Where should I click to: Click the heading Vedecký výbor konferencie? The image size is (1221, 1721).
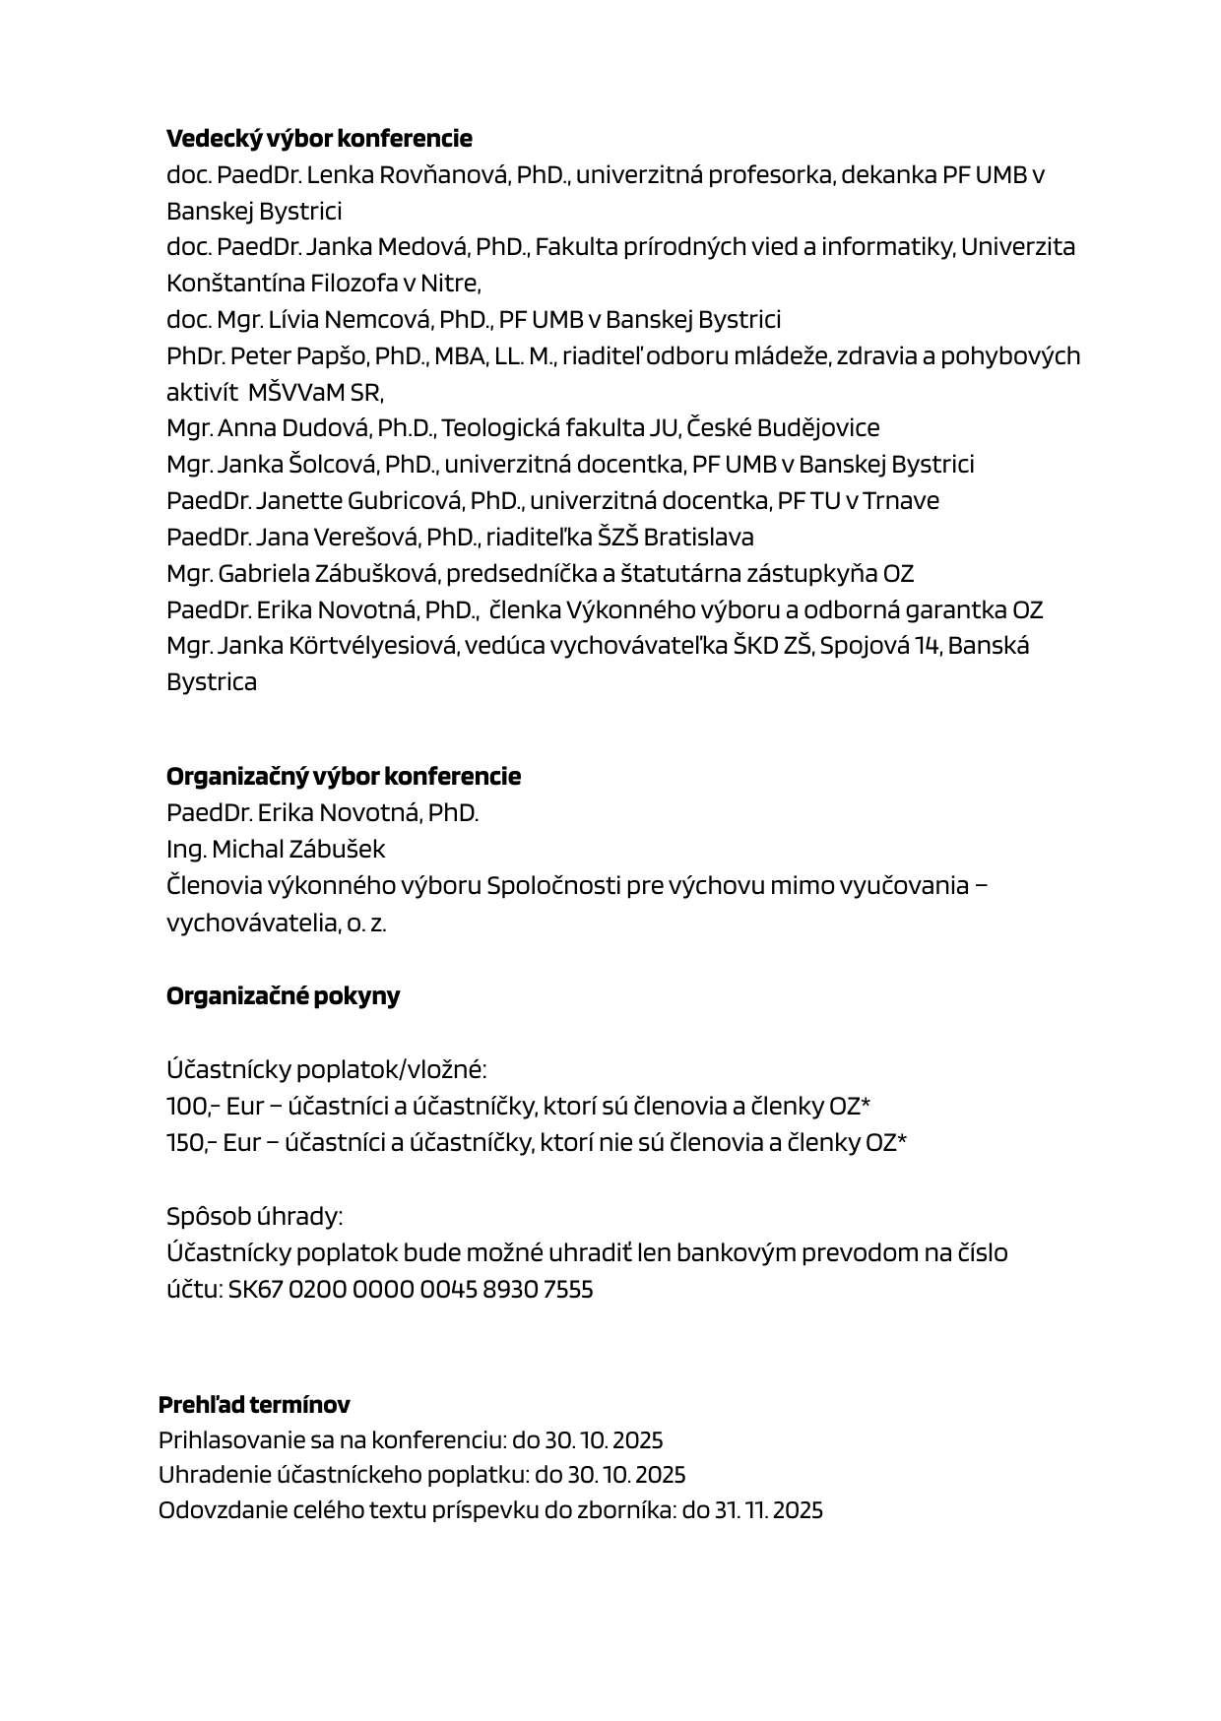click(x=319, y=138)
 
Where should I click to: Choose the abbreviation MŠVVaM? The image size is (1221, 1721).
click(x=296, y=393)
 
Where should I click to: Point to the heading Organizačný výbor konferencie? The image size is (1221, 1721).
click(x=344, y=777)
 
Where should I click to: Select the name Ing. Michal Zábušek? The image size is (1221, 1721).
click(x=276, y=850)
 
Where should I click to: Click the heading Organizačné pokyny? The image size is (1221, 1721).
click(x=283, y=996)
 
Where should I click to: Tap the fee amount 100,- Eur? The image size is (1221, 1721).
click(x=207, y=1107)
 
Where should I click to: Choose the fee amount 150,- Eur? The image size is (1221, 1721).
click(x=207, y=1143)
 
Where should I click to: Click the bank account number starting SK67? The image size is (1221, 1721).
click(x=411, y=1290)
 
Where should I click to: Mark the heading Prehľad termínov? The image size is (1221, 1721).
click(x=254, y=1405)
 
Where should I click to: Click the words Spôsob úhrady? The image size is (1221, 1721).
click(x=253, y=1217)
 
